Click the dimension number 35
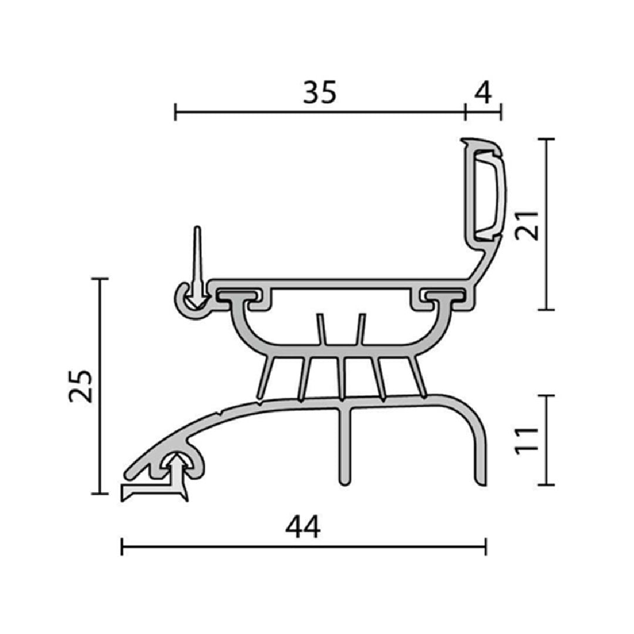pos(320,92)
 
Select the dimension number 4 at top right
pos(482,92)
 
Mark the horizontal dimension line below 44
pos(303,547)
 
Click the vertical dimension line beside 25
pos(101,386)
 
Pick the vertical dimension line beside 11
pos(547,440)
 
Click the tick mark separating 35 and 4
pos(465,110)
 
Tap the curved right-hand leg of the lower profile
pos(477,440)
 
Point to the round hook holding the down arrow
pos(187,302)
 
